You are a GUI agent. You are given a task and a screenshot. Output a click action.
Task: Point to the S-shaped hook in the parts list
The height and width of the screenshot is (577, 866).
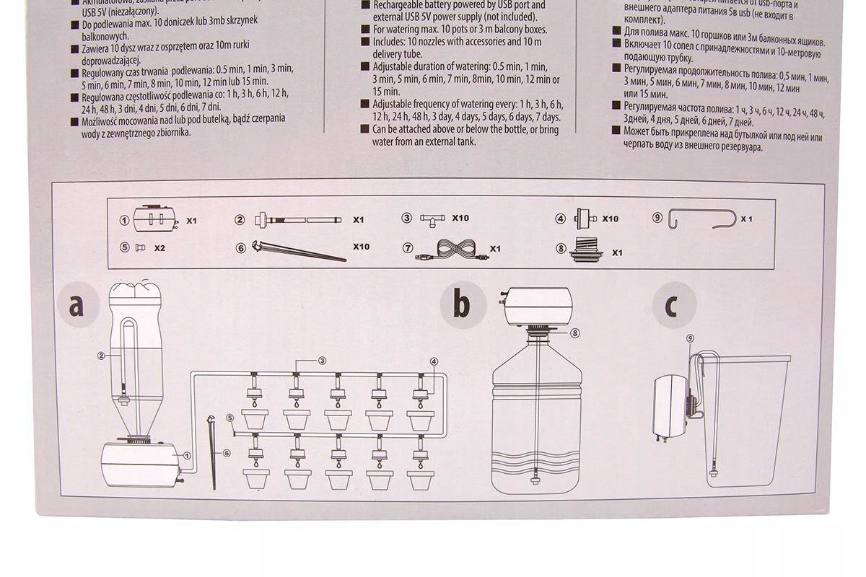[x=703, y=218]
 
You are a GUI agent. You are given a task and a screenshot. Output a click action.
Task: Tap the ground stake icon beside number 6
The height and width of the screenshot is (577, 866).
[x=299, y=252]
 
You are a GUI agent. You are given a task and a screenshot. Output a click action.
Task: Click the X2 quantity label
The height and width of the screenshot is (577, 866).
[x=160, y=247]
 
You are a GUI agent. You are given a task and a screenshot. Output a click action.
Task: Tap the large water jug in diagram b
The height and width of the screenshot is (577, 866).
[x=537, y=418]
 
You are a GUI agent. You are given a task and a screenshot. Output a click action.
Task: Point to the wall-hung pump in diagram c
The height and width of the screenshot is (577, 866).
[x=672, y=404]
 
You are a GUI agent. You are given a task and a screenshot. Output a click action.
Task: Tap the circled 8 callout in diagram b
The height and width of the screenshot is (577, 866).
[x=574, y=333]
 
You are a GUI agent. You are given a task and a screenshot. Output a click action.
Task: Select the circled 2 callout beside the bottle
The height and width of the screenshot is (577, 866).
[x=102, y=356]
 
